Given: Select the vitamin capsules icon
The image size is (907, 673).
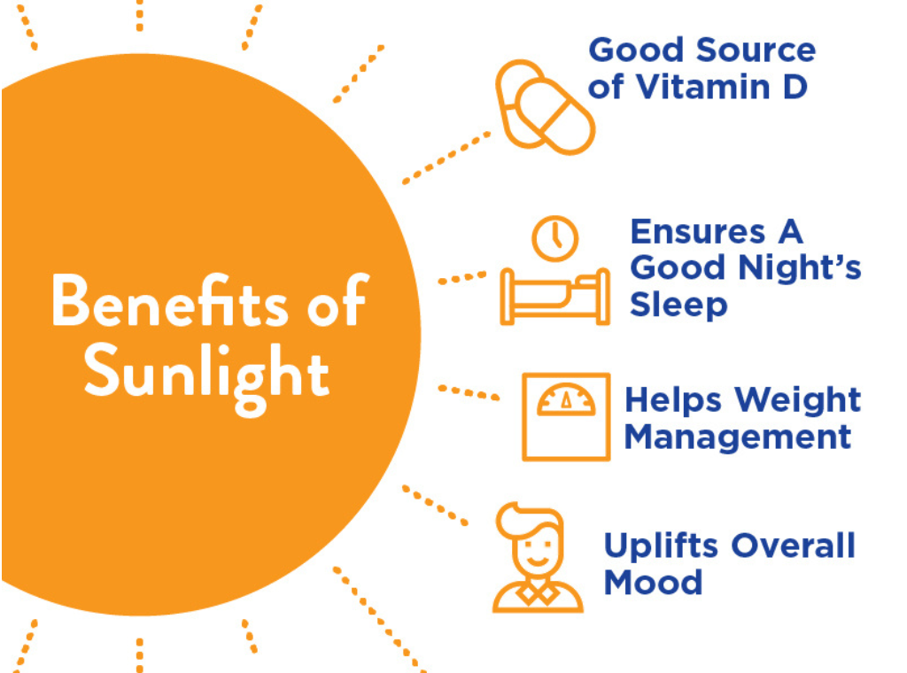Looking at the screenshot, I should [x=544, y=107].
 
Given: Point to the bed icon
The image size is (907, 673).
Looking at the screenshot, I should [x=555, y=296].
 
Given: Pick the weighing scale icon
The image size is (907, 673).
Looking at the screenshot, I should [x=566, y=416].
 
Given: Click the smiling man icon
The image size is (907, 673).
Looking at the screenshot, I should [x=538, y=560].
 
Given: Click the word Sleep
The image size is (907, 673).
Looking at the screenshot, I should [x=678, y=304].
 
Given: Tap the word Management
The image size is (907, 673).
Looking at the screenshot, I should [x=738, y=437].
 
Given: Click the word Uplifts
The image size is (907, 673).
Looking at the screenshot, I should [x=661, y=545].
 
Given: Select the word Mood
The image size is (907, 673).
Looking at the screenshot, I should [x=653, y=582].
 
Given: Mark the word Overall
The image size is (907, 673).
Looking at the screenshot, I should [x=793, y=545].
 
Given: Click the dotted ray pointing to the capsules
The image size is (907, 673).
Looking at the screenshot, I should [x=446, y=159].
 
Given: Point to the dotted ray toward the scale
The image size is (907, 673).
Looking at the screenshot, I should [x=469, y=391].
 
